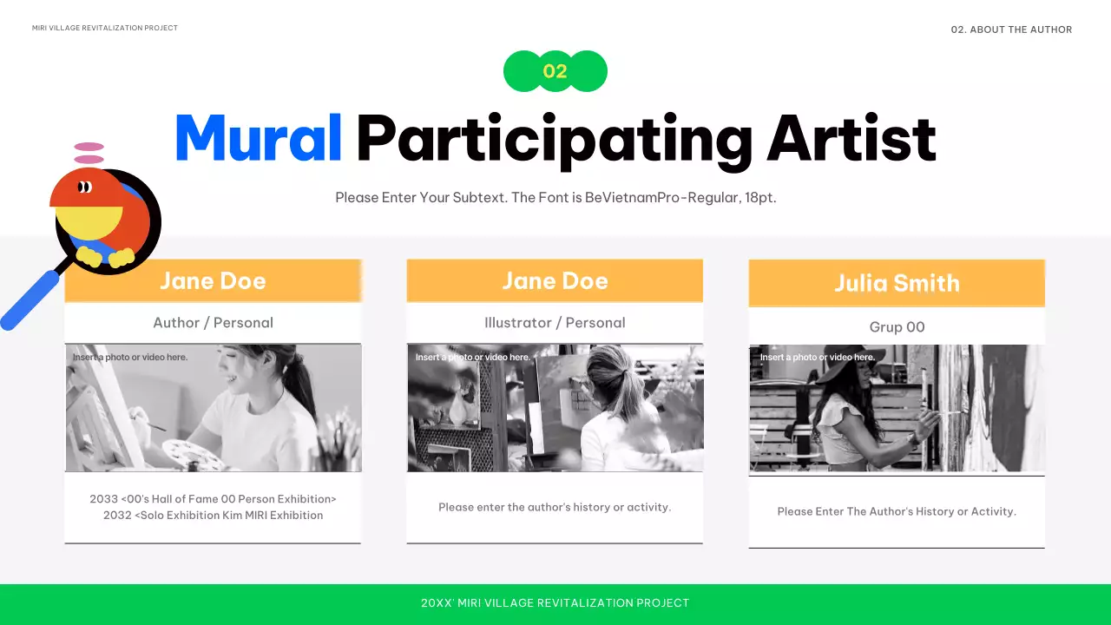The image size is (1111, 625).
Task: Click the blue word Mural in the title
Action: [x=259, y=139]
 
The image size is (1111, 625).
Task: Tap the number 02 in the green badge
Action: [x=555, y=71]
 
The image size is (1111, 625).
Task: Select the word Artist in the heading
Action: [x=851, y=139]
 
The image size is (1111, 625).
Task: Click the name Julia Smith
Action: [x=897, y=283]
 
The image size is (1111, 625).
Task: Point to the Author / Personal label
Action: [x=213, y=322]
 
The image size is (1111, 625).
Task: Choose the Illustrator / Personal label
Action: [x=555, y=322]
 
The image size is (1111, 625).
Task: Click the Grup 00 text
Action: [x=897, y=327]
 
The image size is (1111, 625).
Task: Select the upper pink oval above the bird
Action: [x=89, y=147]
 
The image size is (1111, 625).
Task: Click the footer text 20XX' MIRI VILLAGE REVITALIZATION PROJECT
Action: [x=555, y=602]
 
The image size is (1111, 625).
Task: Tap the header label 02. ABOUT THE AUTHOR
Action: [x=1011, y=30]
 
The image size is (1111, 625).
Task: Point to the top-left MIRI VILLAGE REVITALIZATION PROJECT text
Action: [x=105, y=28]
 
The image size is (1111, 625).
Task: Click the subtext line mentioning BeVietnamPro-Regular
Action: [x=555, y=197]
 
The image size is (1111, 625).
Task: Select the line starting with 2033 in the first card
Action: [x=213, y=499]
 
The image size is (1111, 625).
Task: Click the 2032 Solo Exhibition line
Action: [x=213, y=515]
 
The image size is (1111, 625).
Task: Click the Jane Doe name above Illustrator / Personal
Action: [x=555, y=280]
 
